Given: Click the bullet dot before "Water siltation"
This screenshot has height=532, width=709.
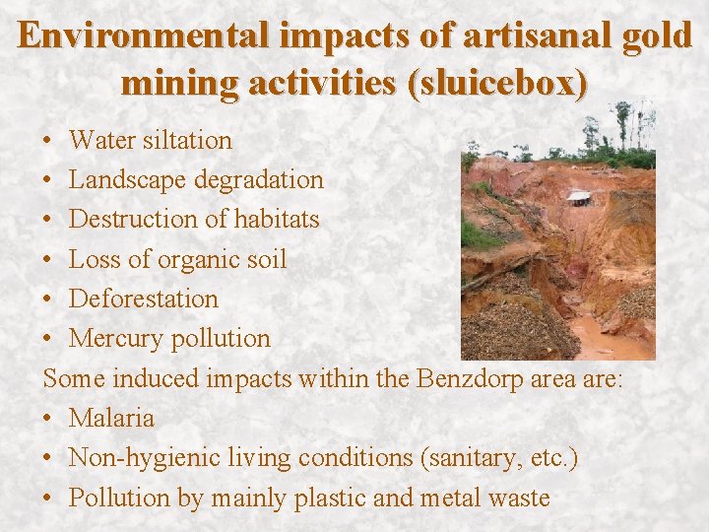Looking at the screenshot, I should (49, 141).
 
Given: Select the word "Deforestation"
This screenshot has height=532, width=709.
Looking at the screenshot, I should (144, 299).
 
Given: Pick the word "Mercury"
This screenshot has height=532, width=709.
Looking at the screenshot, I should (115, 338).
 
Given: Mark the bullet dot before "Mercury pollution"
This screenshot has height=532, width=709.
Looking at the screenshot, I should (49, 339).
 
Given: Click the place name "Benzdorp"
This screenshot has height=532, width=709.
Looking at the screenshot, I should (463, 378).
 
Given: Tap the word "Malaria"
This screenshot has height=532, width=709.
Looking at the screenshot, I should (111, 418).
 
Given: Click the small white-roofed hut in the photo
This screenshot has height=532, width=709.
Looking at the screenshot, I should (579, 197).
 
